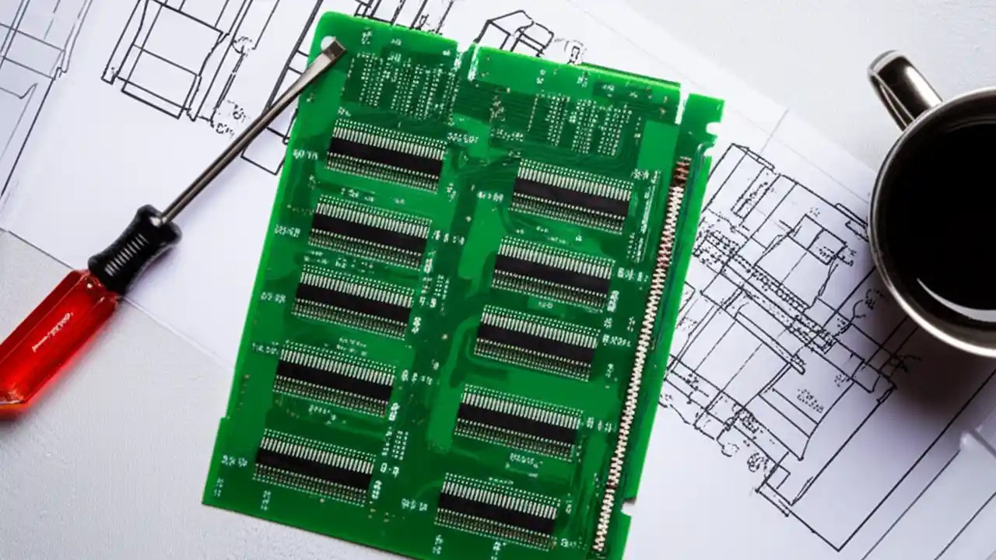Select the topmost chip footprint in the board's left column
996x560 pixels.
386,152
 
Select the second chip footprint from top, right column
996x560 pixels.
553,268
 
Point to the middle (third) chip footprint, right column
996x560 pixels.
537,339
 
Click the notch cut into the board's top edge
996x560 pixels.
467,56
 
